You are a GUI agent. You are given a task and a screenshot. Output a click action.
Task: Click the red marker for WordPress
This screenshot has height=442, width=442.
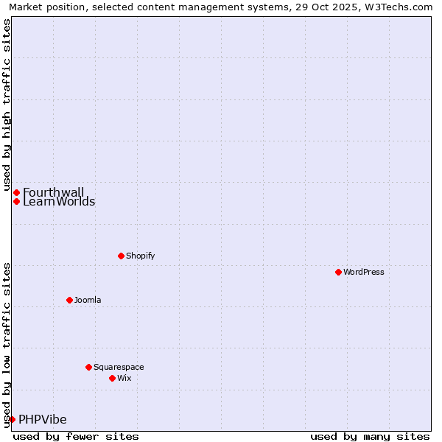point(338,272)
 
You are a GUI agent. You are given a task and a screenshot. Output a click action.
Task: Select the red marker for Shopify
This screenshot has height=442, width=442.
point(121,256)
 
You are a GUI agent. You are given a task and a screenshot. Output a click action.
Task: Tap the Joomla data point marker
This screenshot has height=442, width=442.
point(69,300)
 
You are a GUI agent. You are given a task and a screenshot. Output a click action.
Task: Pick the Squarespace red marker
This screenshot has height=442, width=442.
point(88,367)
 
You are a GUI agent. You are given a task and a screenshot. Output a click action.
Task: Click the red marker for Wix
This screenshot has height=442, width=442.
point(112,378)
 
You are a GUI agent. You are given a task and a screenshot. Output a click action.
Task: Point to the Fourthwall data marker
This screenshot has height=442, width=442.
point(16,192)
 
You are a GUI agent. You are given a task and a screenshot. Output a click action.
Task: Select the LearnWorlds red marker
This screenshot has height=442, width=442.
point(16,201)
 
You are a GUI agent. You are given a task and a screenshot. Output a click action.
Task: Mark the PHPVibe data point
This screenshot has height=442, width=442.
point(12,419)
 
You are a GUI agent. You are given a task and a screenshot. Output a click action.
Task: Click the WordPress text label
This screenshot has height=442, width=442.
point(364,272)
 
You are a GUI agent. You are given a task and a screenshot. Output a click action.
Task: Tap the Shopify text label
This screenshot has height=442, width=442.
point(140,256)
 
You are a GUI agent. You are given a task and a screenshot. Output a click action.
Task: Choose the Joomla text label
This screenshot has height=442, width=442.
point(88,300)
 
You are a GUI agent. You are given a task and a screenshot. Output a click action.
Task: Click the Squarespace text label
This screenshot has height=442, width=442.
point(119,367)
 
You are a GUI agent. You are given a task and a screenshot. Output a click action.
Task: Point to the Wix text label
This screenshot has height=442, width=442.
point(124,378)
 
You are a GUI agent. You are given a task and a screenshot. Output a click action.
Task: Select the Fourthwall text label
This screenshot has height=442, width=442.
point(54,192)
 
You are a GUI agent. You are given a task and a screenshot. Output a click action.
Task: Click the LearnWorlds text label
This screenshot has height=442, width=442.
point(59,202)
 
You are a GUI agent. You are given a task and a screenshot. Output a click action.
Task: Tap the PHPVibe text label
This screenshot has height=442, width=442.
point(43,420)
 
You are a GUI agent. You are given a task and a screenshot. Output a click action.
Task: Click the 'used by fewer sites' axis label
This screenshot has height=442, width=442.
point(76,436)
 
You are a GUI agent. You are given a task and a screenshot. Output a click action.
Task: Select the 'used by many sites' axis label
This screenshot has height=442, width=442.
point(370,436)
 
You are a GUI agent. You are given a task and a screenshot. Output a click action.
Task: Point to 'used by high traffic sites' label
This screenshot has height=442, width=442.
point(7,103)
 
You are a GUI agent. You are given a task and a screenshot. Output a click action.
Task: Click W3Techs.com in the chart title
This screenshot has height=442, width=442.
point(398,7)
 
